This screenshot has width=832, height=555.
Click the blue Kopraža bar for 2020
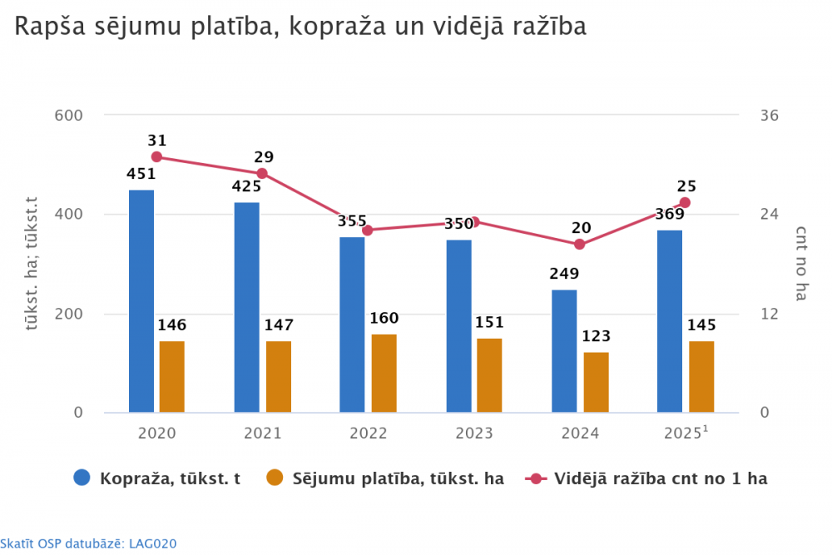pyautogui.click(x=141, y=301)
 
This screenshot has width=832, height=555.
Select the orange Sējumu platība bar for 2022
pyautogui.click(x=384, y=374)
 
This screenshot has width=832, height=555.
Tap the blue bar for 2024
pyautogui.click(x=564, y=351)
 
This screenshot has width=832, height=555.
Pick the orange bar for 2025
pyautogui.click(x=701, y=377)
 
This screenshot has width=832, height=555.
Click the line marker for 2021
pyautogui.click(x=262, y=173)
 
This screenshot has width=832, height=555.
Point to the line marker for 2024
pyautogui.click(x=580, y=245)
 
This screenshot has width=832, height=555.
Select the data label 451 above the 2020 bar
pyautogui.click(x=141, y=174)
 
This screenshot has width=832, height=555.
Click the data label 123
pyautogui.click(x=596, y=336)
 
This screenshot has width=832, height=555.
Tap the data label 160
pyautogui.click(x=384, y=318)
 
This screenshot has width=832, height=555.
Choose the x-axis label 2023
pyautogui.click(x=473, y=434)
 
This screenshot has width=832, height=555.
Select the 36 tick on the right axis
pyautogui.click(x=770, y=115)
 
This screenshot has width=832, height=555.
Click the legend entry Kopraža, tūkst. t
pyautogui.click(x=157, y=478)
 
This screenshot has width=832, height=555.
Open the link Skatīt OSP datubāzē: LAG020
pyautogui.click(x=88, y=543)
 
